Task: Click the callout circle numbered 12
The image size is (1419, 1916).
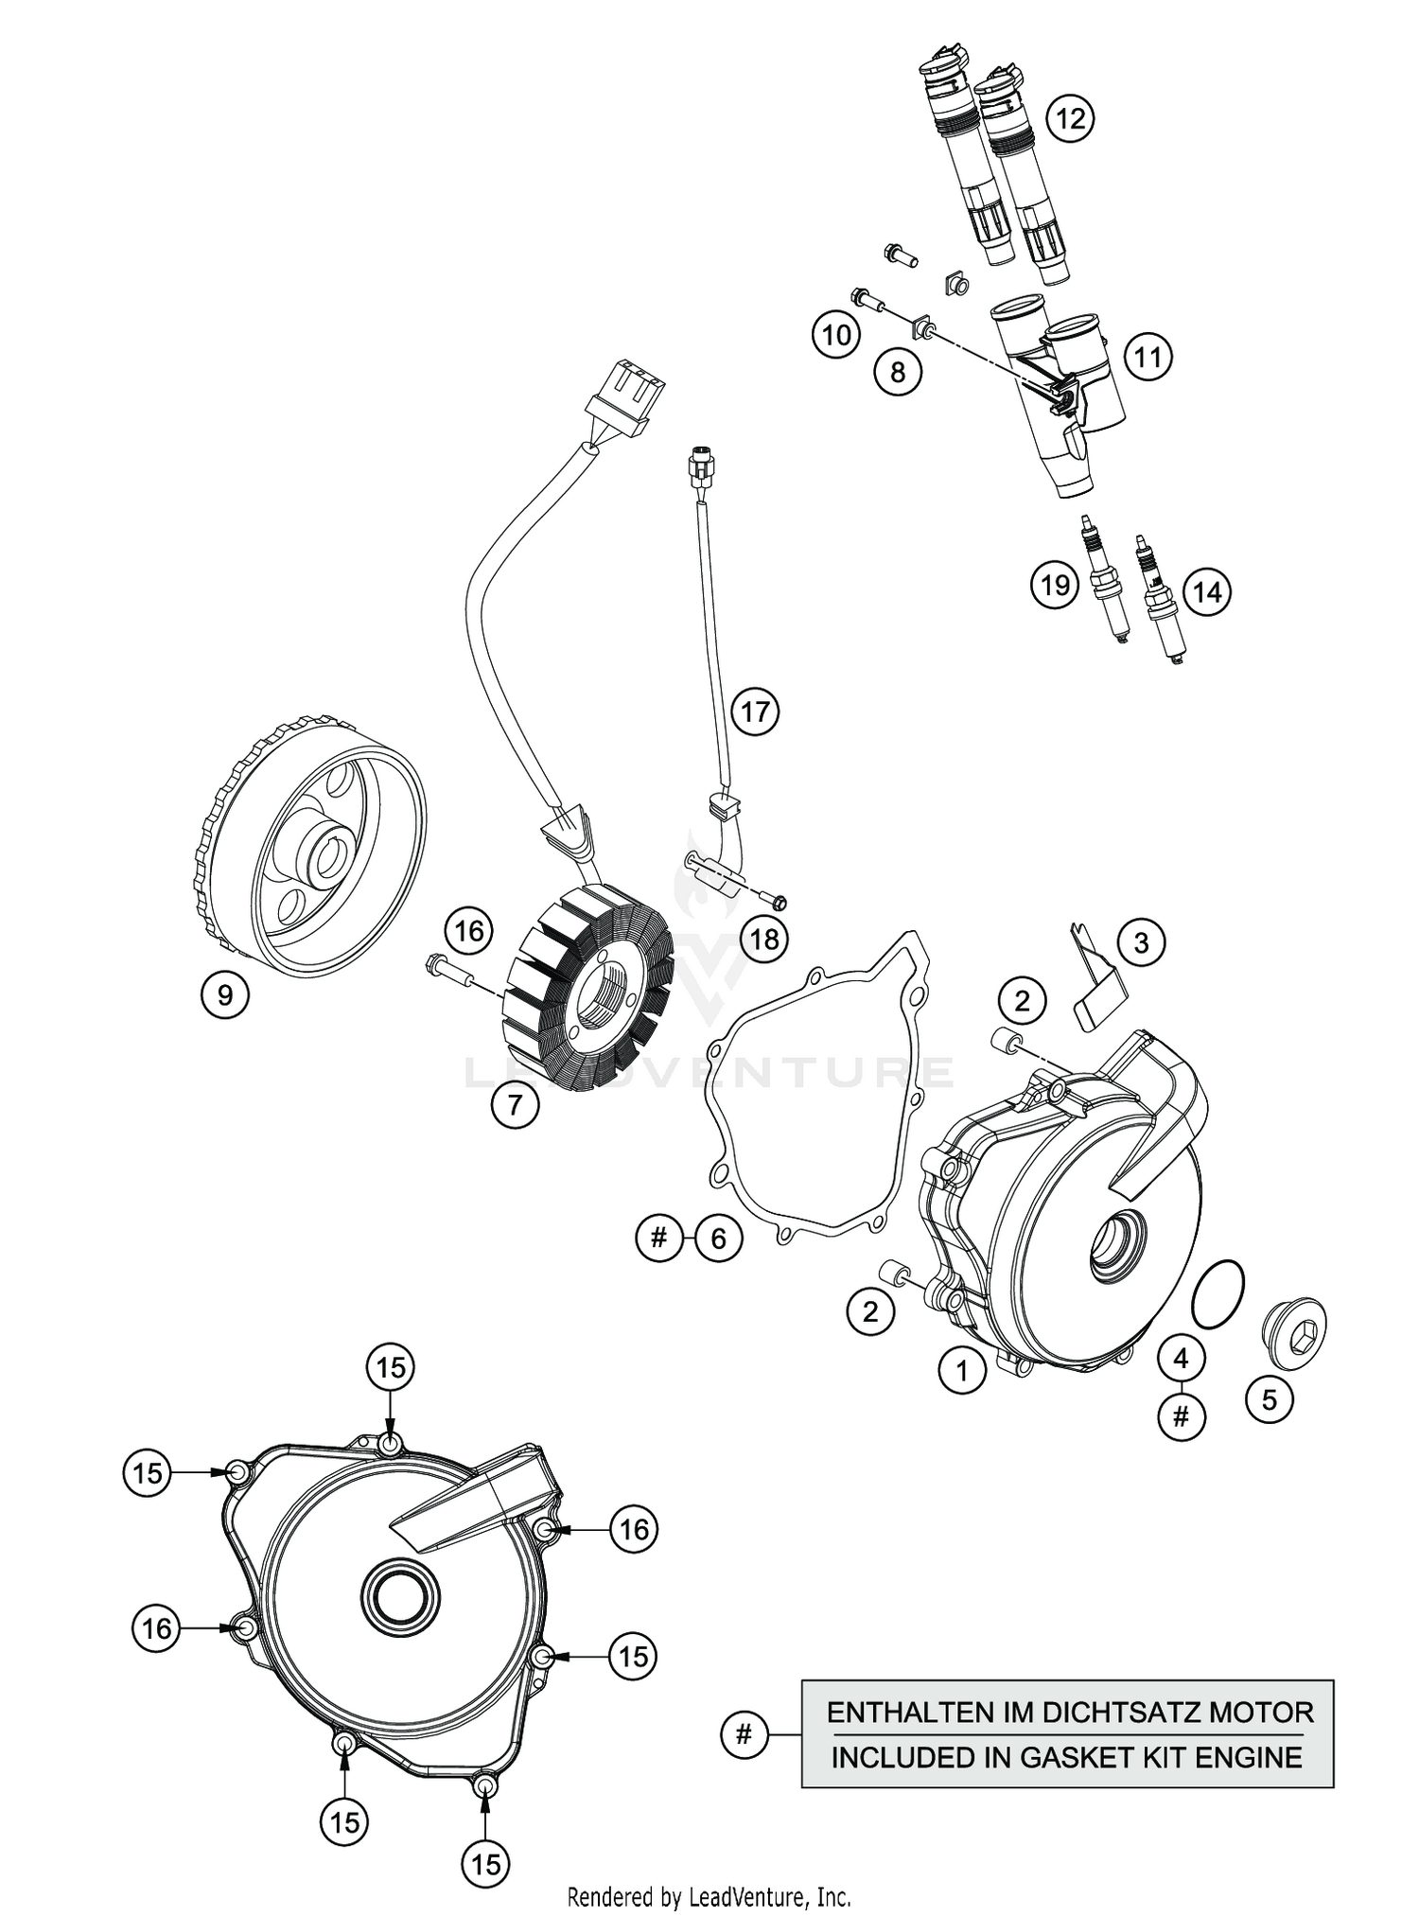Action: coord(1070,119)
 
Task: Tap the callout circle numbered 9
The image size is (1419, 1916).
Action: coord(224,994)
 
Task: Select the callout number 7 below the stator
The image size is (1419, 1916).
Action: coord(515,1104)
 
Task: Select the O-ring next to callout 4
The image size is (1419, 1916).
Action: coord(1217,1294)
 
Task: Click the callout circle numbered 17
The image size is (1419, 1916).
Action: coord(755,711)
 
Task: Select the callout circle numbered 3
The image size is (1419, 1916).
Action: coord(1141,942)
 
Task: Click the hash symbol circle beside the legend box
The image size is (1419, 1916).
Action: coord(744,1734)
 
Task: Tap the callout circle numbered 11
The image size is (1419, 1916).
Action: coord(1147,358)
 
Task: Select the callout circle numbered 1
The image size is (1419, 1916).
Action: coord(962,1370)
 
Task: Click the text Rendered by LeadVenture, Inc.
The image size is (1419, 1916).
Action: coord(709,1896)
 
